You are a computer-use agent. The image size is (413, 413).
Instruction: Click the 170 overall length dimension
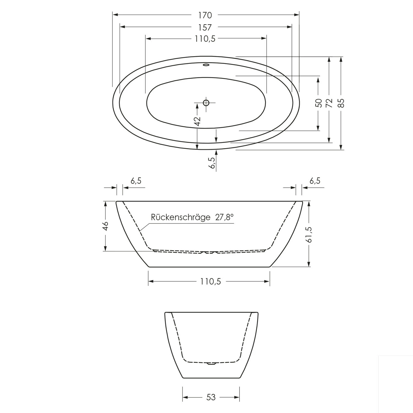click(205, 15)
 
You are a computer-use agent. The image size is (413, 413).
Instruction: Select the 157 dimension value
click(205, 27)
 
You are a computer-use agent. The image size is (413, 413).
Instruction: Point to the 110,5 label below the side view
click(211, 281)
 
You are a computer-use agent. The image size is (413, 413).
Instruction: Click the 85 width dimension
click(341, 103)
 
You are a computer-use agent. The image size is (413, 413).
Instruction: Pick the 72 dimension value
click(329, 103)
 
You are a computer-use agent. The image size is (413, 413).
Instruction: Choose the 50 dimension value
click(318, 103)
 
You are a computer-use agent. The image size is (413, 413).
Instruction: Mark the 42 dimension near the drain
click(197, 121)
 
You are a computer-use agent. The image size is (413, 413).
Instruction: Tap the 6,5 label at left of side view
click(136, 181)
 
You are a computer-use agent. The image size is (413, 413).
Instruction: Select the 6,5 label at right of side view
click(315, 181)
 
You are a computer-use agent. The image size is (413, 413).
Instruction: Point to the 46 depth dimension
click(105, 226)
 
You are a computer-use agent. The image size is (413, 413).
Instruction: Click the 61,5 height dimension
click(309, 235)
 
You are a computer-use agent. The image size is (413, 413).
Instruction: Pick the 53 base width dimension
click(211, 397)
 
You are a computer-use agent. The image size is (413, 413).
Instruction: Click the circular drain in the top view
click(206, 103)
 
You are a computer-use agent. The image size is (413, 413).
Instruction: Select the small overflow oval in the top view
click(206, 65)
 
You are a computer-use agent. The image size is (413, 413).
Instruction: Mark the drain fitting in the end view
click(211, 363)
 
